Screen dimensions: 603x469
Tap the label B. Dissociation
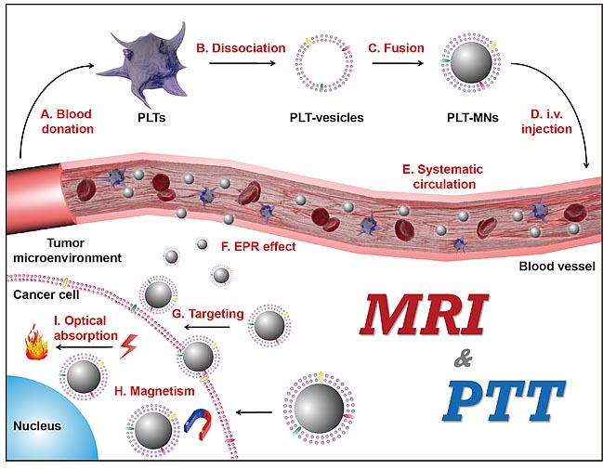[x=242, y=48]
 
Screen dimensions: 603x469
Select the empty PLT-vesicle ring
[x=324, y=63]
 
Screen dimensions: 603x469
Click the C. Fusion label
[x=396, y=48]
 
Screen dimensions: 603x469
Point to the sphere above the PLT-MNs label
[x=471, y=62]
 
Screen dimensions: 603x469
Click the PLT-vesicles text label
[x=326, y=117]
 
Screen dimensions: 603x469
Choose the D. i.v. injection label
[x=546, y=122]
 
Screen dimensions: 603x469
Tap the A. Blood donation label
[x=67, y=122]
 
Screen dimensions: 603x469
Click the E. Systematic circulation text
[x=443, y=176]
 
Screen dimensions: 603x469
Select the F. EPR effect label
[x=258, y=246]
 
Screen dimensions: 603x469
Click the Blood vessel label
[x=557, y=266]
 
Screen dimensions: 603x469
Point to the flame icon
[x=36, y=342]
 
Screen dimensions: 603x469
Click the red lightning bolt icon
[x=129, y=346]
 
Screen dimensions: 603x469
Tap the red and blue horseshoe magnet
[x=198, y=424]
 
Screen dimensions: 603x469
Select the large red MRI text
[x=423, y=315]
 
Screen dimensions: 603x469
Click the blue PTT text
[x=504, y=400]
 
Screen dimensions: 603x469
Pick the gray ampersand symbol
[x=464, y=360]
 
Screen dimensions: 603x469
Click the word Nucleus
[x=37, y=426]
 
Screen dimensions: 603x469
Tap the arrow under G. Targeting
[x=207, y=328]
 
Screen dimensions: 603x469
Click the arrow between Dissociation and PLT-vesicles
[x=243, y=63]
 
